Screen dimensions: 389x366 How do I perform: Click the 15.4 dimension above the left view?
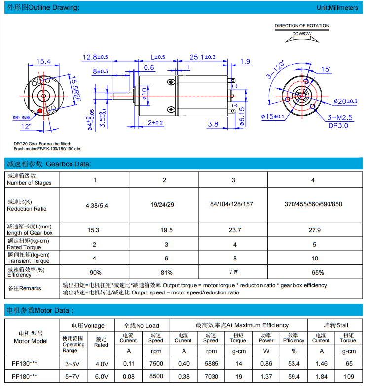point(43,62)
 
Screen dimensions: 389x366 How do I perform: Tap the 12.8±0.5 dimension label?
point(96,57)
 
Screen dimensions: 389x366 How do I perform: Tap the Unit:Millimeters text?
point(337,8)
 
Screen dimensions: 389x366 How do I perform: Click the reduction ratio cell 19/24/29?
point(164,204)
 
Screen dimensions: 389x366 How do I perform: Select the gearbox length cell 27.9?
point(313,230)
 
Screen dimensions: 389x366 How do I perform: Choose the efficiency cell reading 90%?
point(95,272)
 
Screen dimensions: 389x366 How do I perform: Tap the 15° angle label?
point(326,69)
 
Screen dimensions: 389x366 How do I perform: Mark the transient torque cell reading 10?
point(313,259)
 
